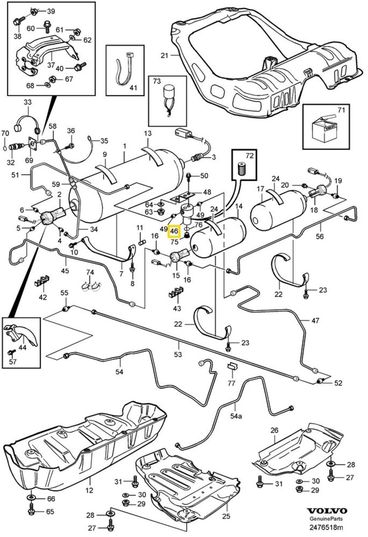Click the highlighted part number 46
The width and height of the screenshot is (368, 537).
click(x=175, y=232)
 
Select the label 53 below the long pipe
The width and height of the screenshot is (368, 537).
click(x=178, y=354)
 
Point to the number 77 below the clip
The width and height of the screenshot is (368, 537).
click(x=231, y=383)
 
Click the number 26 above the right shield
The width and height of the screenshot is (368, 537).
click(x=275, y=430)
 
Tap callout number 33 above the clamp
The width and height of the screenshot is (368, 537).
click(x=27, y=102)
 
